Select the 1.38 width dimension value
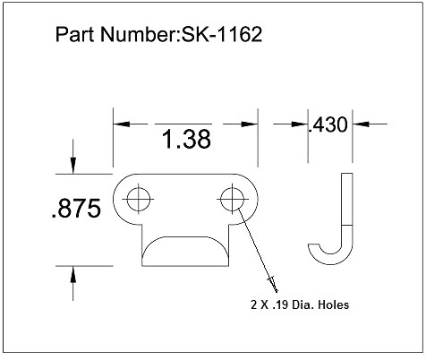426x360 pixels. click(x=186, y=141)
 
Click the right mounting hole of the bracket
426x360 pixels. click(x=232, y=198)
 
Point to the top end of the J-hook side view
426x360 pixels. click(x=345, y=176)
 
